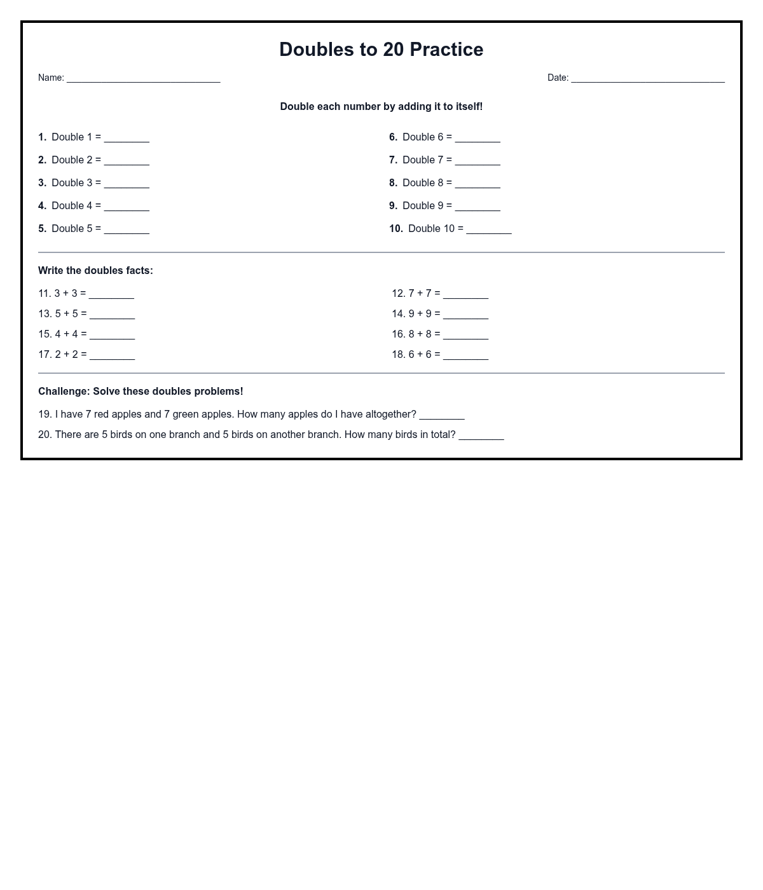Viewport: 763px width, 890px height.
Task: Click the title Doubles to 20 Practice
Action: coord(381,50)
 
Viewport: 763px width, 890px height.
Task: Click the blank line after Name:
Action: coord(143,79)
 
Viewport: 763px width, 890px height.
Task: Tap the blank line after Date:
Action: coord(647,79)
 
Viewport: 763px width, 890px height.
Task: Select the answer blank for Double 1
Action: coord(127,138)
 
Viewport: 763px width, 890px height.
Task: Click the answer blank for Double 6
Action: coord(478,138)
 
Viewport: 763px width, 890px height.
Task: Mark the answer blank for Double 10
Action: coord(489,229)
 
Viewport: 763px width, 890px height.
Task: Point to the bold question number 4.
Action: coord(42,206)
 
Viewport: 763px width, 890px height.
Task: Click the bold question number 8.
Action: coord(393,183)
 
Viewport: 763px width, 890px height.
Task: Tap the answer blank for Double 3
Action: coord(127,184)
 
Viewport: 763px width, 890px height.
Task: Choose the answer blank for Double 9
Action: coord(478,207)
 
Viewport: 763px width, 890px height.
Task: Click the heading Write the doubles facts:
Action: coord(95,271)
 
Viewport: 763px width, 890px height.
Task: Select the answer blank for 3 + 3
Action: coord(111,294)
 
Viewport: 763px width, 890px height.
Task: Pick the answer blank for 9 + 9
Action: coord(465,315)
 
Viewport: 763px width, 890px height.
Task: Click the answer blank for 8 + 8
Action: coord(465,335)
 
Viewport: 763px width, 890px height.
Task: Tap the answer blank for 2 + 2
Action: coord(112,355)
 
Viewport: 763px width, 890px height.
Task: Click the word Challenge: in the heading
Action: coord(64,392)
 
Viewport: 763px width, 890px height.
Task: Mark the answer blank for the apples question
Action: coord(442,415)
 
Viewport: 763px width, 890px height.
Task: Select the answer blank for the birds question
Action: coord(481,435)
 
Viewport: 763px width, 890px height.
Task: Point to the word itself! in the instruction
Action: coord(469,107)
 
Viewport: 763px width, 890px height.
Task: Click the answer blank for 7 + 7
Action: coord(465,294)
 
